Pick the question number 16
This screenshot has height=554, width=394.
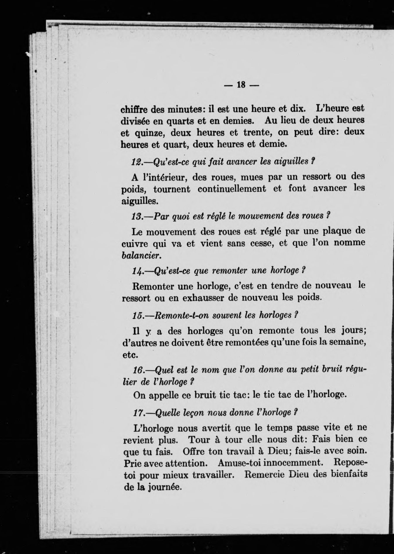click(138, 370)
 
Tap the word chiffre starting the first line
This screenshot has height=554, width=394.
click(135, 109)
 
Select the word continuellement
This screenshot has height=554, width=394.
click(232, 189)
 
